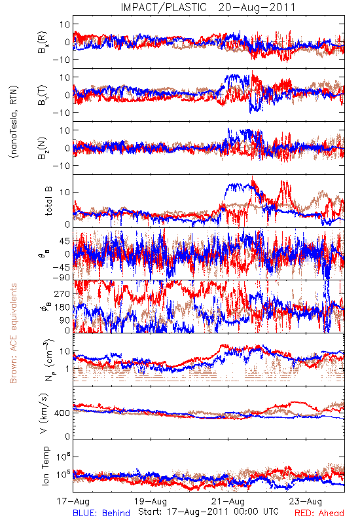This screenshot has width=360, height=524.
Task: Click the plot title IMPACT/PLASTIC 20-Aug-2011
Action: pyautogui.click(x=208, y=7)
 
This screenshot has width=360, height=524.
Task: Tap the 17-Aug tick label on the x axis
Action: pyautogui.click(x=73, y=501)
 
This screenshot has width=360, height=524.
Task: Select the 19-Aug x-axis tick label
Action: pyautogui.click(x=151, y=501)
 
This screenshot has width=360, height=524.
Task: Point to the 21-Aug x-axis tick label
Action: pyautogui.click(x=228, y=501)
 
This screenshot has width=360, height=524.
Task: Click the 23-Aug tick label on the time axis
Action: pyautogui.click(x=306, y=501)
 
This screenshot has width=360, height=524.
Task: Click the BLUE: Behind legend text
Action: pyautogui.click(x=101, y=513)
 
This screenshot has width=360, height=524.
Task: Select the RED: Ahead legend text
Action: pyautogui.click(x=319, y=513)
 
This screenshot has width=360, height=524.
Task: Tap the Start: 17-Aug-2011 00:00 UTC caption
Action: pyautogui.click(x=208, y=512)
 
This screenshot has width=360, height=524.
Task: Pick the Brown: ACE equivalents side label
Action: pyautogui.click(x=13, y=333)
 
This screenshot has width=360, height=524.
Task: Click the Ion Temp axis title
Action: pyautogui.click(x=45, y=466)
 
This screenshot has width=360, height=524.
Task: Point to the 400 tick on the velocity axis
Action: pyautogui.click(x=63, y=413)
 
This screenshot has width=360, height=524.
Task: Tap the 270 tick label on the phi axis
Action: pyautogui.click(x=63, y=293)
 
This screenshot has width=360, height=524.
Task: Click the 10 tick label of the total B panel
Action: pyautogui.click(x=65, y=192)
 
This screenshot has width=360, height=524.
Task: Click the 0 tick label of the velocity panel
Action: pyautogui.click(x=68, y=436)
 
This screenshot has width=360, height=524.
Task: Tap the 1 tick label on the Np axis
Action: pyautogui.click(x=68, y=369)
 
